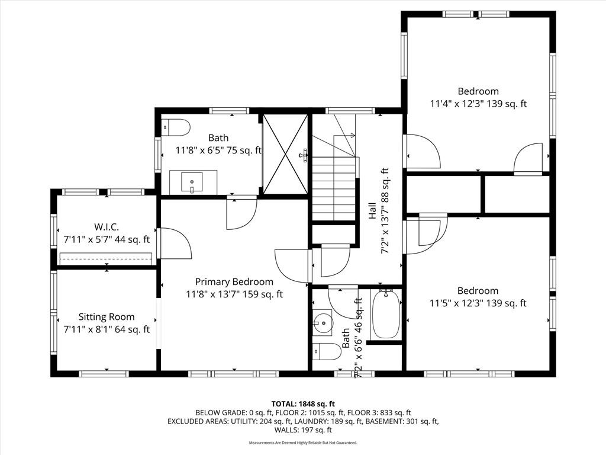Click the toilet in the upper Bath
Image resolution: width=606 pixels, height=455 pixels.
175,127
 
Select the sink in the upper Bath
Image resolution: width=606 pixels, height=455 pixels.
192,182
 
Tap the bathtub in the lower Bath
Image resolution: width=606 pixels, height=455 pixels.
386,314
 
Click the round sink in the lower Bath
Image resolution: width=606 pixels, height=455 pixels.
322,321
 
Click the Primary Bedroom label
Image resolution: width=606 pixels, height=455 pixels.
234,281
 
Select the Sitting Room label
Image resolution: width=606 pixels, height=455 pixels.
107,317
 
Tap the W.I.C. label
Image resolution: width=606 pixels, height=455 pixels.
107,227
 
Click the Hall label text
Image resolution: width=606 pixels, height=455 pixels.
372,211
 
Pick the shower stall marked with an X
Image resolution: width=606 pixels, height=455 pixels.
285,154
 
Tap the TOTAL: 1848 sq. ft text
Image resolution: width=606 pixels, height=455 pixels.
303,404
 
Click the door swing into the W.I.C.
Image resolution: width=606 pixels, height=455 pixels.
176,243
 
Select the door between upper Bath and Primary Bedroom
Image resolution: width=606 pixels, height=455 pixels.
241,213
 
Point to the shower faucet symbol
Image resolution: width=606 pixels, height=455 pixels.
304,155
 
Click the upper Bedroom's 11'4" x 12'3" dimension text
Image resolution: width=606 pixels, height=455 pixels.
478,104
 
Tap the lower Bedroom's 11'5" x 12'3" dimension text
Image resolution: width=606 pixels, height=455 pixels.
478,303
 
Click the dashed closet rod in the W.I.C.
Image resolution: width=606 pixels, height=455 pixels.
105,258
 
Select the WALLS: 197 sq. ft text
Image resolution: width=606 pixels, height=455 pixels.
303,430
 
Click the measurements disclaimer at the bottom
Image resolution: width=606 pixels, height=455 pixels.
303,443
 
